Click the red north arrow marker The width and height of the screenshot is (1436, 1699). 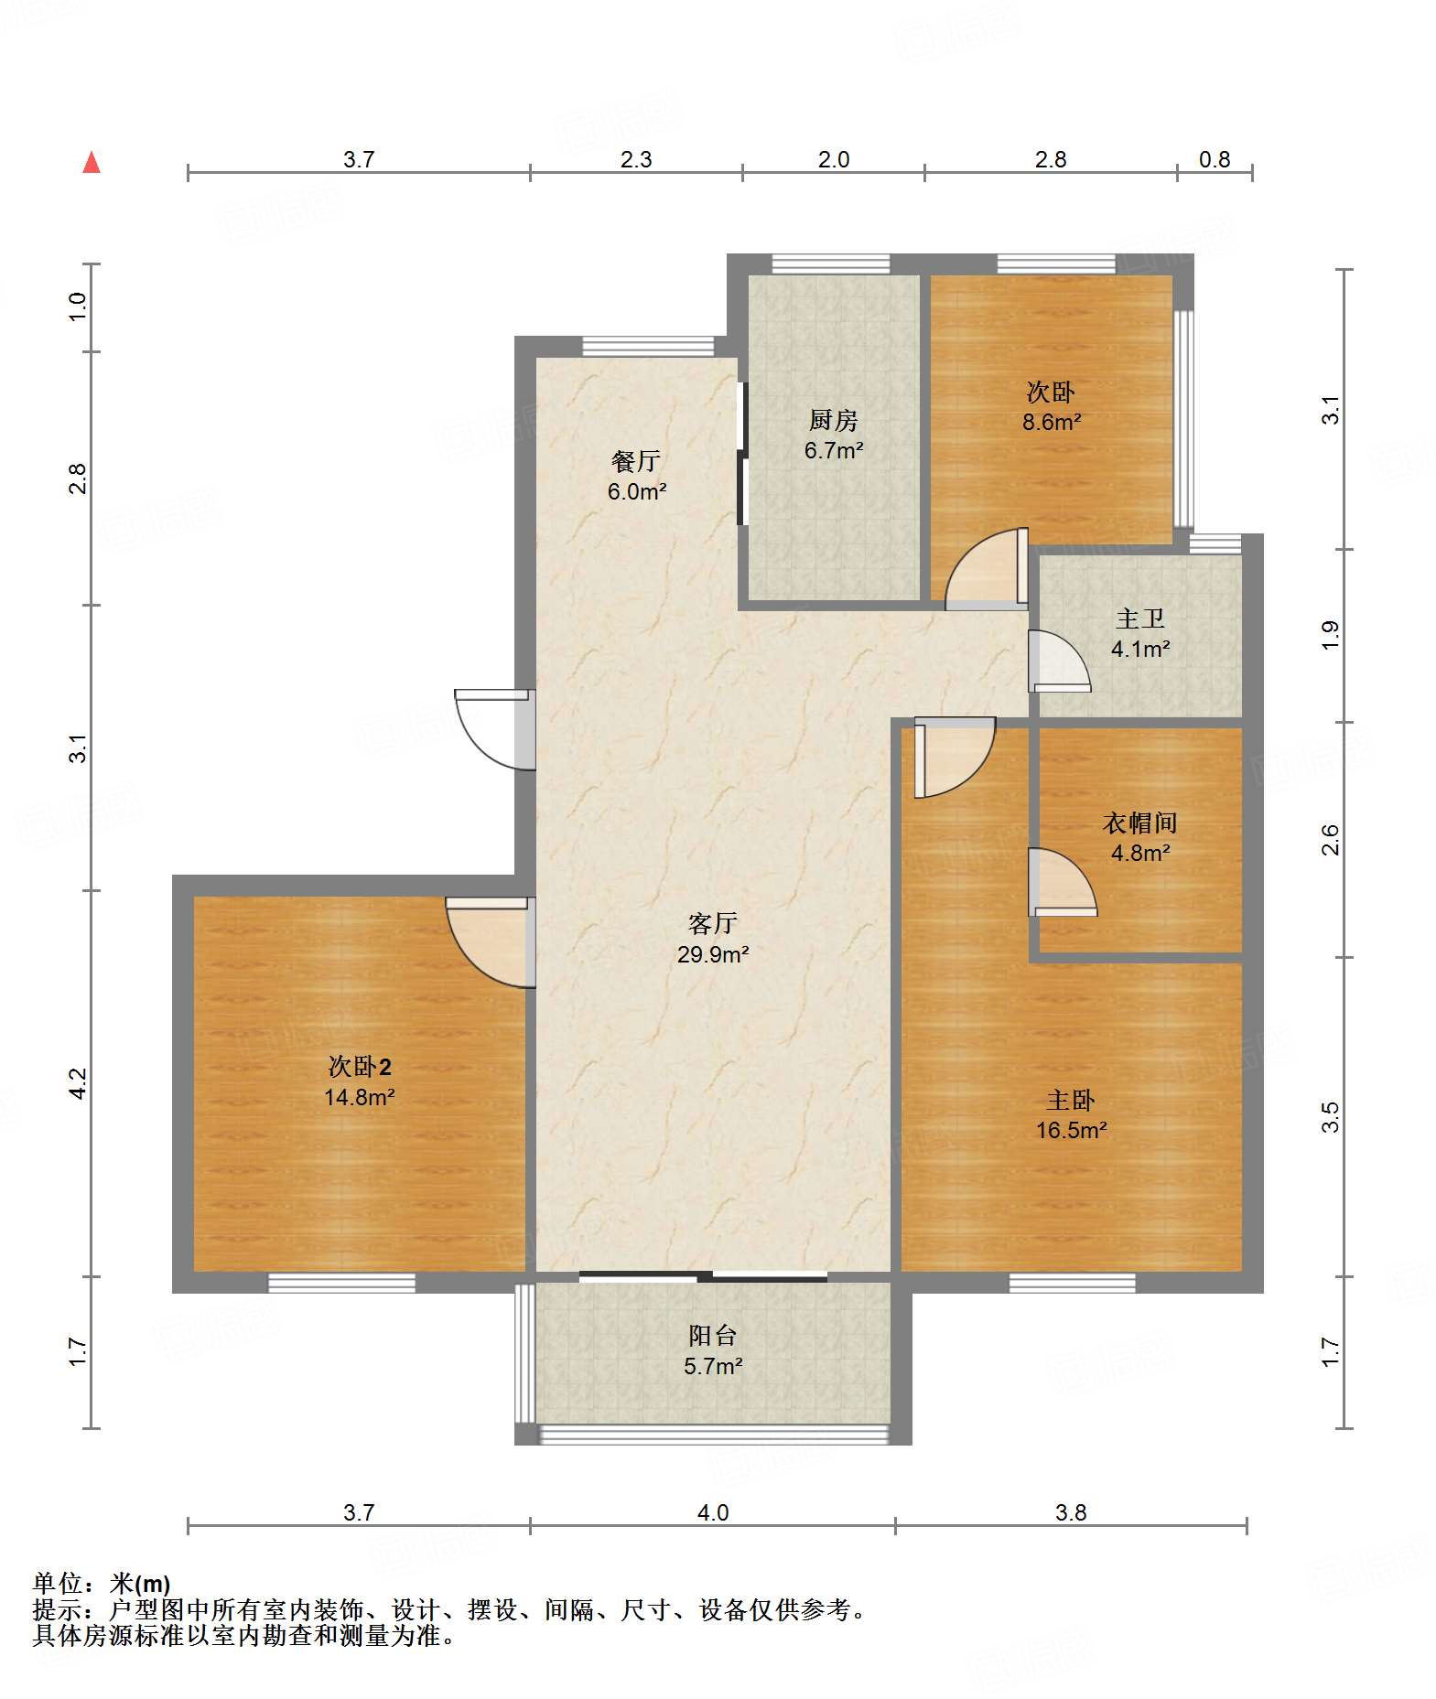tap(92, 163)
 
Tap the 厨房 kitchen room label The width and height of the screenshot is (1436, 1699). tap(833, 420)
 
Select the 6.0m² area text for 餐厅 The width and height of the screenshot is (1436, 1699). tap(637, 491)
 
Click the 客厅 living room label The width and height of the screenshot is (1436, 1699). tap(713, 923)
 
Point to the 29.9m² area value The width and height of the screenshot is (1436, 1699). tap(713, 954)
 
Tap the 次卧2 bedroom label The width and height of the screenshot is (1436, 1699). tap(360, 1066)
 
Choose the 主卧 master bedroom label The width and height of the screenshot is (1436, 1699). tap(1071, 1100)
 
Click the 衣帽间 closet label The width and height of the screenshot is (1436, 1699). tap(1139, 823)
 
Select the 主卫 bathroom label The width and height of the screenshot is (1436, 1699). tap(1140, 618)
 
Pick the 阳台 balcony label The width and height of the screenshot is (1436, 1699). tap(713, 1336)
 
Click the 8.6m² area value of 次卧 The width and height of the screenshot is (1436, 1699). tap(1052, 422)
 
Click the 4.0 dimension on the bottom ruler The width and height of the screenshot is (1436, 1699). tap(713, 1512)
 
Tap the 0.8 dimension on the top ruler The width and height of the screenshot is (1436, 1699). tap(1215, 159)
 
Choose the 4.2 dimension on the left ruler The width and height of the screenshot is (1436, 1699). tap(78, 1083)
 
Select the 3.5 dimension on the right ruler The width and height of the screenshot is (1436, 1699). tap(1330, 1117)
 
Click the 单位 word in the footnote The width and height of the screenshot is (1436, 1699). tap(57, 1584)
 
